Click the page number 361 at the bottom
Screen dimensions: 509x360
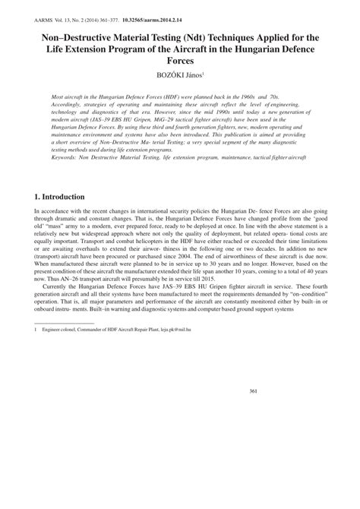click(x=254, y=390)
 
